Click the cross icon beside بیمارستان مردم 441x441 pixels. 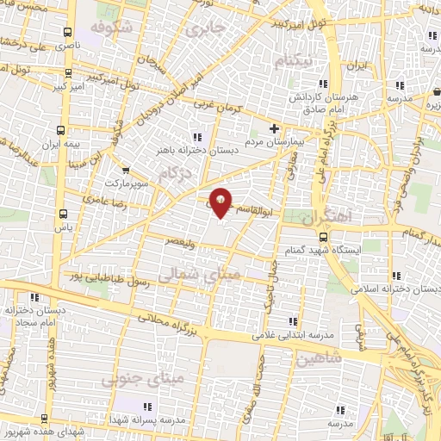click(x=274, y=128)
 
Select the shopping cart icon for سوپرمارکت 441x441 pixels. click(x=127, y=171)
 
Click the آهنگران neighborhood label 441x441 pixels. click(x=328, y=217)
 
